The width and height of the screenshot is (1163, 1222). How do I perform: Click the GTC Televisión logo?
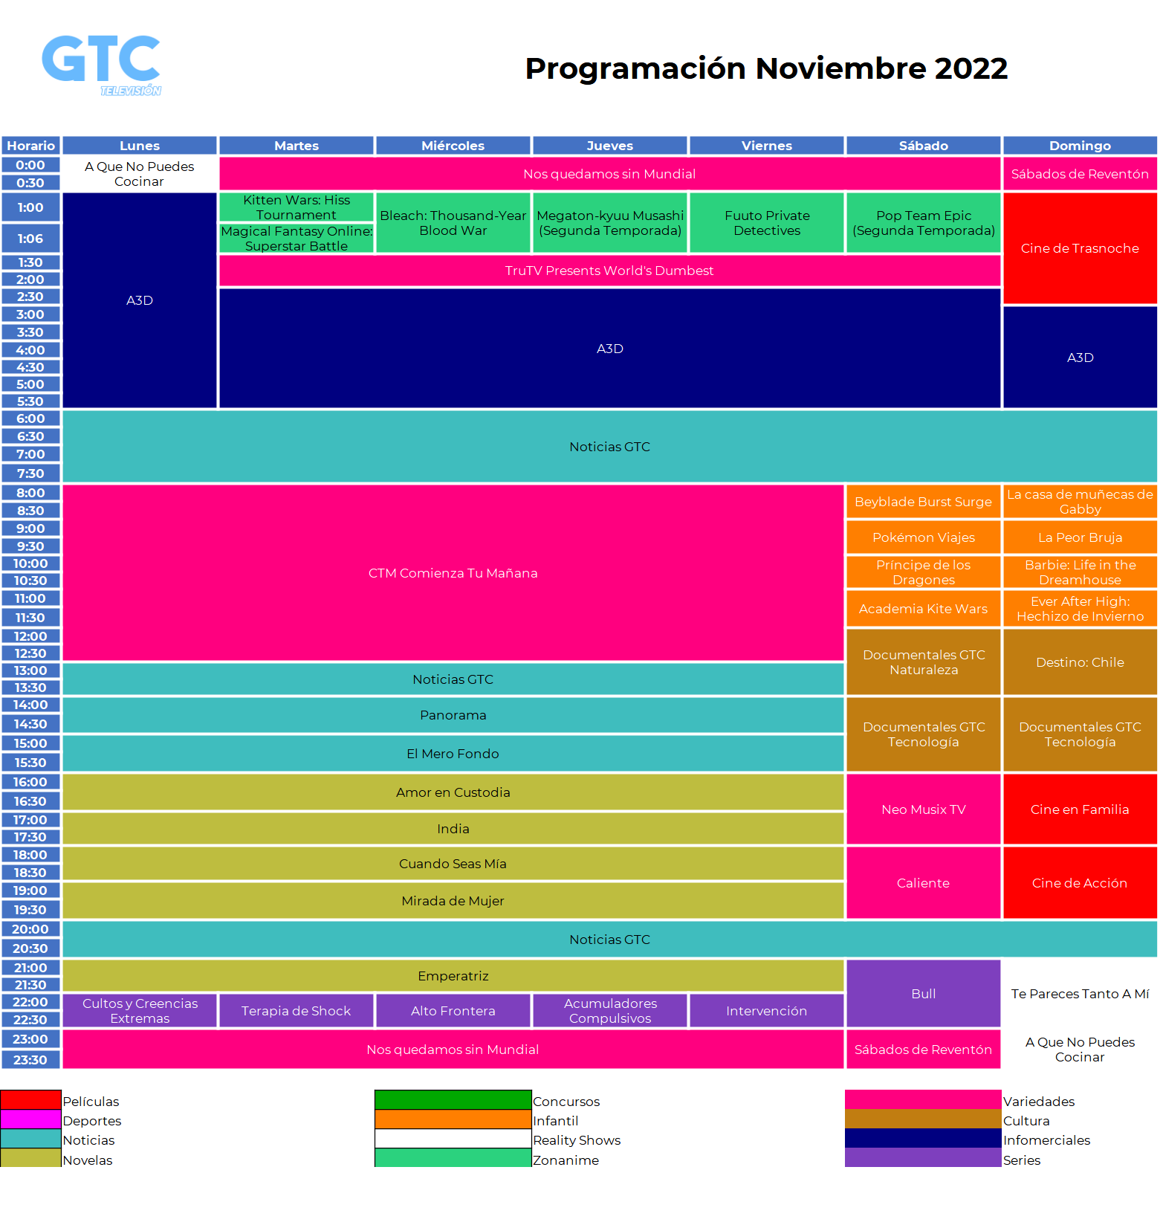(x=101, y=65)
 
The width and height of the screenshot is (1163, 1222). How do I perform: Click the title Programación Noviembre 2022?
(x=766, y=68)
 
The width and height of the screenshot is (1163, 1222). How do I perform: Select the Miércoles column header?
(x=453, y=146)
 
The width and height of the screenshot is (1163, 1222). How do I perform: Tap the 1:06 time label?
(x=30, y=239)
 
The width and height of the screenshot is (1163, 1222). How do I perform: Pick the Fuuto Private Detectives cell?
(x=767, y=223)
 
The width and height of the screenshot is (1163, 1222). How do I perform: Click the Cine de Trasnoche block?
(x=1080, y=248)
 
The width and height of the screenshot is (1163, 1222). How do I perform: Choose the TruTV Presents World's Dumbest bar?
(x=609, y=271)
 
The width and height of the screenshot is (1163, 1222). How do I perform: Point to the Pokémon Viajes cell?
(x=924, y=537)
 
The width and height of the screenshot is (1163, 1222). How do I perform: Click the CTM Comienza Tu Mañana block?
(x=453, y=573)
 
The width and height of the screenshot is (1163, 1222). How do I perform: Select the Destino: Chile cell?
(x=1080, y=662)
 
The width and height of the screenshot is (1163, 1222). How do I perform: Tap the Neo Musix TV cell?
(x=924, y=809)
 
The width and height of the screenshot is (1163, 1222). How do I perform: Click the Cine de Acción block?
(x=1080, y=883)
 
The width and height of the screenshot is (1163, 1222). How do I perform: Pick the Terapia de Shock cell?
(x=297, y=1011)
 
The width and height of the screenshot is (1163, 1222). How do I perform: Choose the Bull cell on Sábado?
(x=924, y=994)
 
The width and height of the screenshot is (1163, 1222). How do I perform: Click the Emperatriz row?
(x=453, y=976)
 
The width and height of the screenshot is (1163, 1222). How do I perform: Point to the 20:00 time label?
(x=30, y=929)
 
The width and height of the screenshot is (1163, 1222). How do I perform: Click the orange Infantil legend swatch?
(x=453, y=1119)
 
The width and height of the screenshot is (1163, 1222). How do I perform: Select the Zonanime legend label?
(x=566, y=1160)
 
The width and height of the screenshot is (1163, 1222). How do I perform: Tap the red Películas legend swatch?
(x=30, y=1099)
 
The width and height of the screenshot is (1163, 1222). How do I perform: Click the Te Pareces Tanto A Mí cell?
(x=1080, y=994)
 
